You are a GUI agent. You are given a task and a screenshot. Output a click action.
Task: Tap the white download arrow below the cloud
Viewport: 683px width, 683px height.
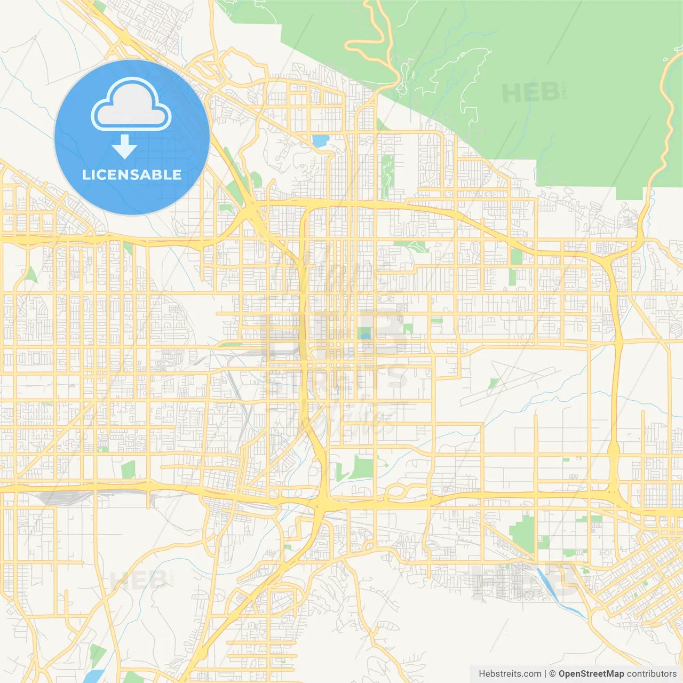[124, 147]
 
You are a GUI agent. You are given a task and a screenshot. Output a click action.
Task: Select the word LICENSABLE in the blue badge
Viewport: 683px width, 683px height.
[132, 174]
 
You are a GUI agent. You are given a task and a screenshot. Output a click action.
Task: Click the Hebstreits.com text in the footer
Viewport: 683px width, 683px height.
[510, 674]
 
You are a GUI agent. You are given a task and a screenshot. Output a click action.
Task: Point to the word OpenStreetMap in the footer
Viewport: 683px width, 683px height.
[591, 674]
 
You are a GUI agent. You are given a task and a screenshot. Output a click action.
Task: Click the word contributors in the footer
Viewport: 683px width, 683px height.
[652, 674]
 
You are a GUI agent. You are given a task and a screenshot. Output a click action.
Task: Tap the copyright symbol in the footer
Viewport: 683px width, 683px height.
[552, 674]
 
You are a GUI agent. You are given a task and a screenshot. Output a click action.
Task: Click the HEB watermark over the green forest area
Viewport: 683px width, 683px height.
[531, 93]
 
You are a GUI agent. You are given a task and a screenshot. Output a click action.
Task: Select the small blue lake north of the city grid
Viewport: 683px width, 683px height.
[320, 141]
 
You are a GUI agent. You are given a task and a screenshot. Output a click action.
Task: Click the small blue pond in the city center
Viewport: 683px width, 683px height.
[366, 336]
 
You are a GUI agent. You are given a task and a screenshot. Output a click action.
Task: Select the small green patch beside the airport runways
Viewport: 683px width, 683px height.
[494, 383]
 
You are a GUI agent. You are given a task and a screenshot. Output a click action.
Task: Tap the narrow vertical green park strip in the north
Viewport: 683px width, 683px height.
[388, 171]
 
